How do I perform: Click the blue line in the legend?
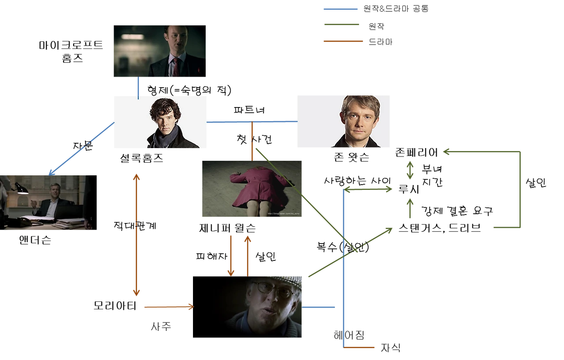(x=340, y=9)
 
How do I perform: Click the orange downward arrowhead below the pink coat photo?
(x=230, y=272)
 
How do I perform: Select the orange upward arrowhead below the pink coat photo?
(x=248, y=239)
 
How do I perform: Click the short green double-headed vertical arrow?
(x=410, y=170)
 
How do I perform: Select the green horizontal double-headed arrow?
(x=369, y=189)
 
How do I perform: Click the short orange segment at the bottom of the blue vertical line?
(x=360, y=347)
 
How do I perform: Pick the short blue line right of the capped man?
(x=320, y=307)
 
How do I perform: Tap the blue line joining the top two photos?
(x=139, y=88)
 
